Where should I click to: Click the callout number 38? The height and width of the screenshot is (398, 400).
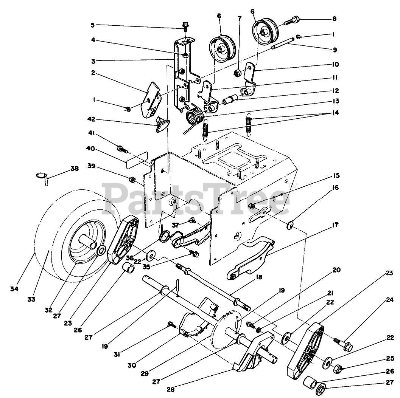tap(75, 169)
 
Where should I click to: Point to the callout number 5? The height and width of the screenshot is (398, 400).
tap(93, 25)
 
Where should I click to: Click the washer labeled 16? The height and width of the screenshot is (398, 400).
tap(291, 225)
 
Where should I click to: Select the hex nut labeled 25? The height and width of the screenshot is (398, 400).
tap(338, 368)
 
